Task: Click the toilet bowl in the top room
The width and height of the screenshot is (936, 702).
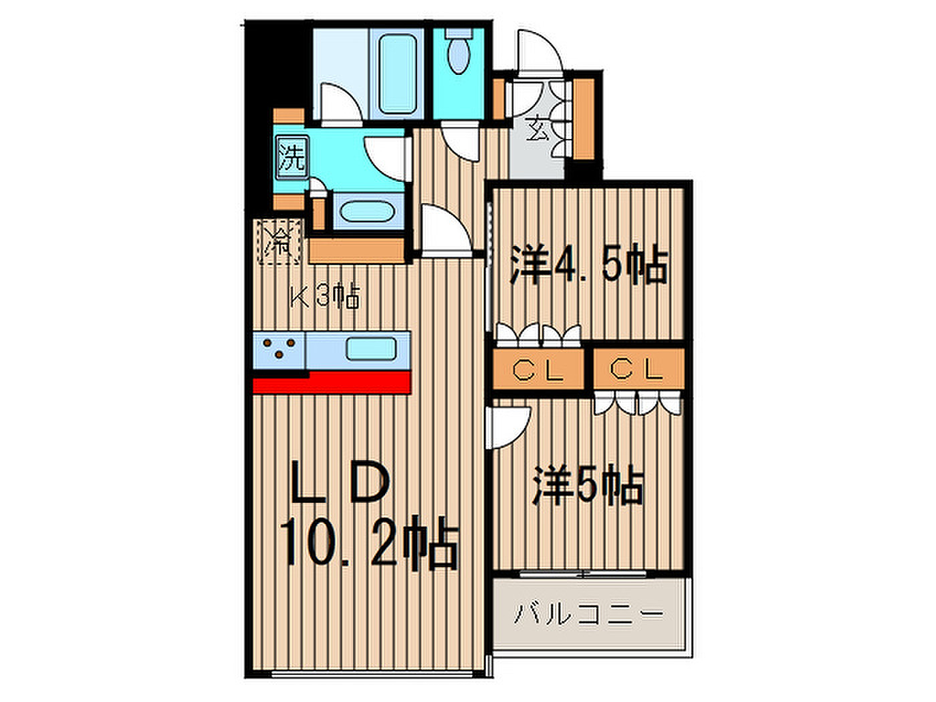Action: click(x=459, y=51)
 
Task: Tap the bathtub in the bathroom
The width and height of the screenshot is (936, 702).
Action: click(x=398, y=74)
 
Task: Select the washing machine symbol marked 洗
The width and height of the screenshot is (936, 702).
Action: click(x=292, y=157)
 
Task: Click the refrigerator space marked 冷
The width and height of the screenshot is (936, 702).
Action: click(x=280, y=242)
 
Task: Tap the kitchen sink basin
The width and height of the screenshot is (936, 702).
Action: click(x=371, y=348)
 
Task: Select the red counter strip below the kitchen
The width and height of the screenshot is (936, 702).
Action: click(x=332, y=382)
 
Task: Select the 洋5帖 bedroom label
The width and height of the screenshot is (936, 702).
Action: click(x=588, y=486)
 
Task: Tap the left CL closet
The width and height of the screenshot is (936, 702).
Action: click(x=538, y=369)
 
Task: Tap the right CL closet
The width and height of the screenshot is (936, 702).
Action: click(x=638, y=369)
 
